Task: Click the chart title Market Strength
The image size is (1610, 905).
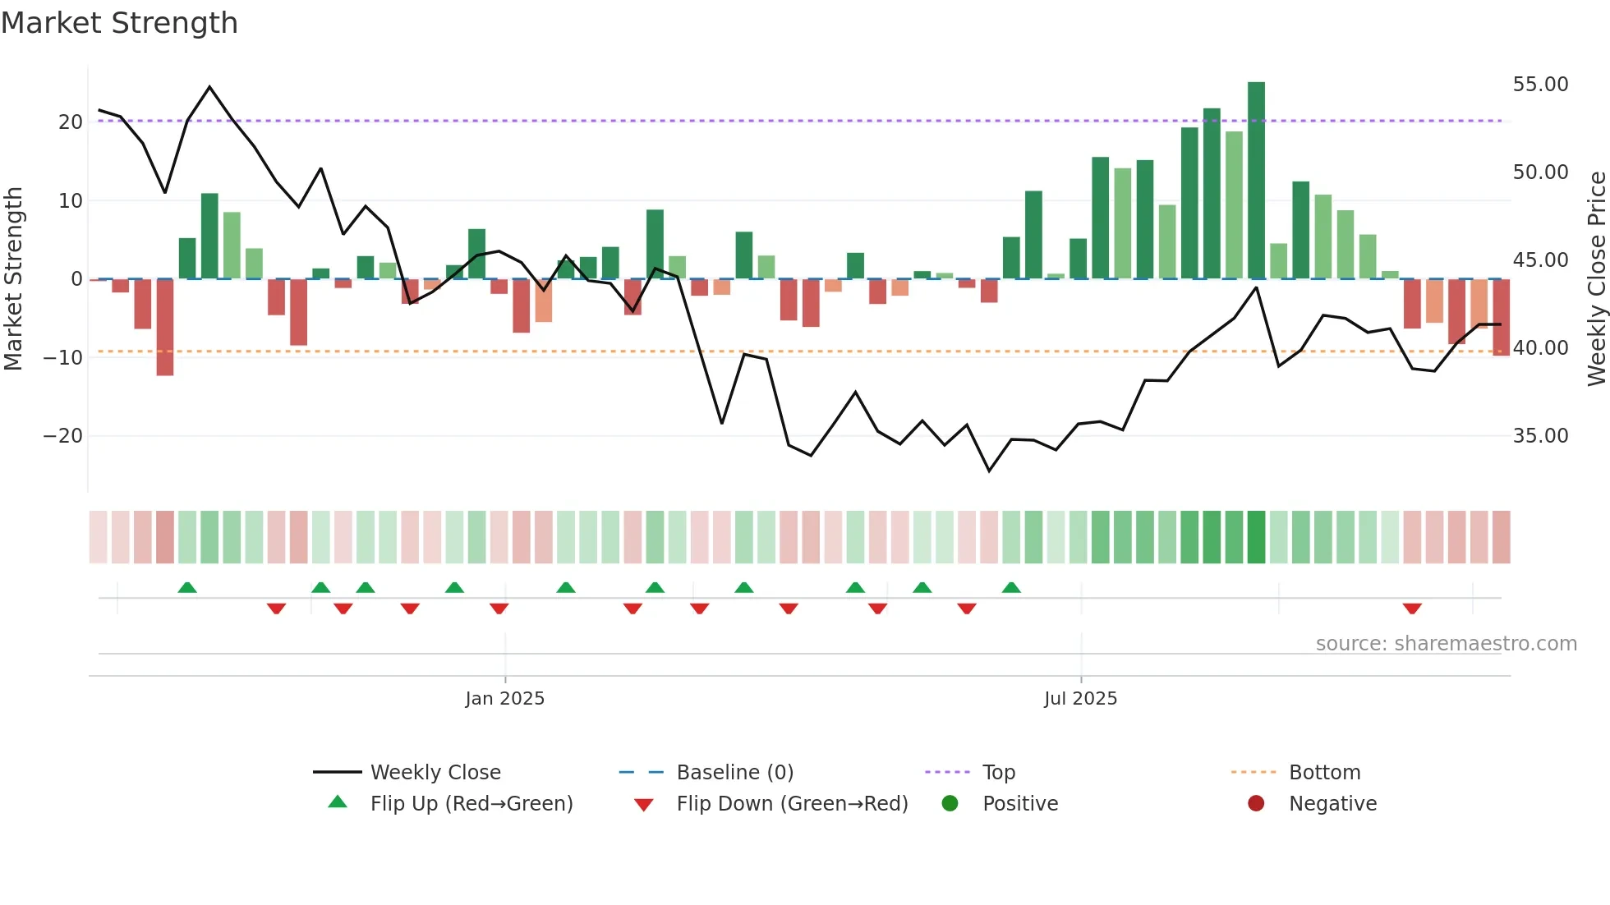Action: [119, 23]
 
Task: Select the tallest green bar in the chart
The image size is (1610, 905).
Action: [1256, 181]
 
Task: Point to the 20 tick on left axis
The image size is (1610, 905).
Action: [71, 122]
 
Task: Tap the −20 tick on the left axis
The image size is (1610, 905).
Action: [64, 436]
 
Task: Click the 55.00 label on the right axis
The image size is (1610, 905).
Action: [1540, 85]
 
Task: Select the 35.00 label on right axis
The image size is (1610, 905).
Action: [1540, 436]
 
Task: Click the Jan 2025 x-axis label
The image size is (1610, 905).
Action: [504, 699]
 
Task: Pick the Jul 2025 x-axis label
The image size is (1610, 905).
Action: [1080, 699]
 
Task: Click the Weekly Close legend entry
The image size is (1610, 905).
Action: [435, 773]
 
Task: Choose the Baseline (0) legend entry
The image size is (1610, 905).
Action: [734, 773]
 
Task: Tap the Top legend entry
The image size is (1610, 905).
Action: [998, 773]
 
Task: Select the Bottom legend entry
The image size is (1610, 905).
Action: [1324, 773]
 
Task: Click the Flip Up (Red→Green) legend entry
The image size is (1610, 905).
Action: [471, 804]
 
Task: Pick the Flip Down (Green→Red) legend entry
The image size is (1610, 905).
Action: [792, 804]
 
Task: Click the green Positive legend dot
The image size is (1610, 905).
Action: [950, 804]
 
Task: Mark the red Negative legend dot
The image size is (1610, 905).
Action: [1256, 804]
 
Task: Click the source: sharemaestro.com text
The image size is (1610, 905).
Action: [1446, 644]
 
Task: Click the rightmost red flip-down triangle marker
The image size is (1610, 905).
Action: [1412, 609]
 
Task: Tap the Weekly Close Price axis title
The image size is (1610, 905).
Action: [1596, 279]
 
